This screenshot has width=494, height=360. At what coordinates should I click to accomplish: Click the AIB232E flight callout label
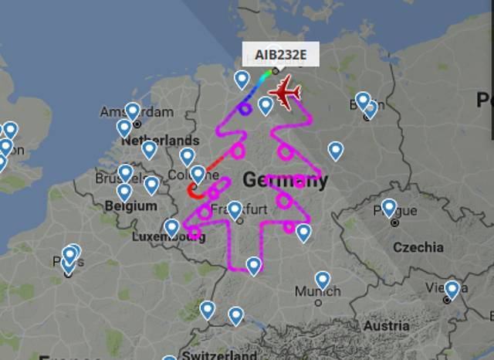click(x=276, y=55)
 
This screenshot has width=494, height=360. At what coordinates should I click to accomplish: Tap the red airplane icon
click(x=285, y=93)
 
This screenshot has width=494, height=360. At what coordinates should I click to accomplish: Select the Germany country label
click(x=285, y=181)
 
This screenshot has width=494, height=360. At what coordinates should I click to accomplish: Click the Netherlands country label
click(x=160, y=141)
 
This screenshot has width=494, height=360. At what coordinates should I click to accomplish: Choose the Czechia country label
click(x=418, y=247)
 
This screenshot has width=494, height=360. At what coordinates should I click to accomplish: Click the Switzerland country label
click(x=219, y=355)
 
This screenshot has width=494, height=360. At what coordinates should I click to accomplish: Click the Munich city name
click(x=317, y=292)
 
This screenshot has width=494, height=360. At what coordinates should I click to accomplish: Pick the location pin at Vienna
click(x=452, y=290)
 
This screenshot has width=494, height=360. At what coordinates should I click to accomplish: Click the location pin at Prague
click(x=389, y=207)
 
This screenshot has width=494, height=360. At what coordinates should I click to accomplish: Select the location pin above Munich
click(x=322, y=280)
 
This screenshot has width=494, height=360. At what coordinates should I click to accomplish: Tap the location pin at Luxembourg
click(x=171, y=227)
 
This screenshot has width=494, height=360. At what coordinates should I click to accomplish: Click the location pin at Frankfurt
click(x=235, y=209)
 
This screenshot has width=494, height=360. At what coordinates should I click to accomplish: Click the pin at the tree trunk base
click(x=253, y=265)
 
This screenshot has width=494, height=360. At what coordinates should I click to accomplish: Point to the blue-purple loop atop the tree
click(x=245, y=109)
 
